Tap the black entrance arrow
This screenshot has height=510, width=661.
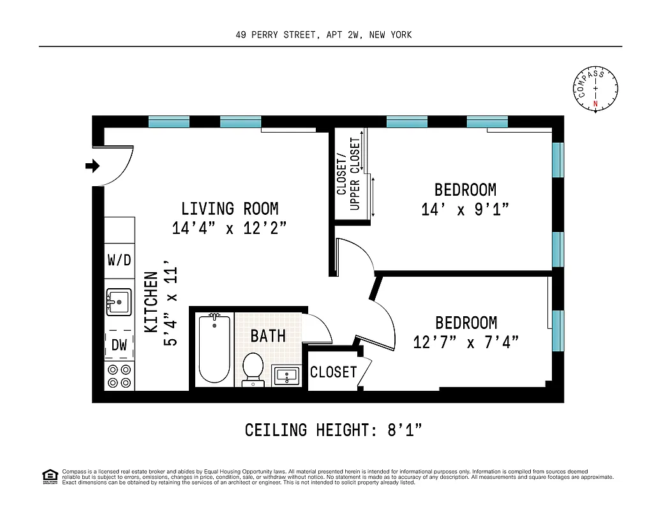coord(93,166)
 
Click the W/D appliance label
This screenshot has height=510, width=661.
coord(119,260)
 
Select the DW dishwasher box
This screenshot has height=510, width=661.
coord(119,345)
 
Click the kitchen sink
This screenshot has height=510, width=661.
coord(119,302)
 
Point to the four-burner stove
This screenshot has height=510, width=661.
coord(119,375)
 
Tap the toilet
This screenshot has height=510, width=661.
coord(253,370)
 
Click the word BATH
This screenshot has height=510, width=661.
coord(268,335)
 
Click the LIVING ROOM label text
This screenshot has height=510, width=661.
coord(230,208)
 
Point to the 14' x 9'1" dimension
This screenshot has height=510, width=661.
coord(465,209)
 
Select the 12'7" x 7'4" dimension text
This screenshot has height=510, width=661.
coord(466,342)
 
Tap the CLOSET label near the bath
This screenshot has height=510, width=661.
coord(333,372)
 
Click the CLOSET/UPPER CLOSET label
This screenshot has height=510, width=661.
coord(348,174)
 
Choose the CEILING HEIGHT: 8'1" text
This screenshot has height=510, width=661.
coord(334,430)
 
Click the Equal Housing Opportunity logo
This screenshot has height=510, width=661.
coord(49,476)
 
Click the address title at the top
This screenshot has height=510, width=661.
coord(323,35)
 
